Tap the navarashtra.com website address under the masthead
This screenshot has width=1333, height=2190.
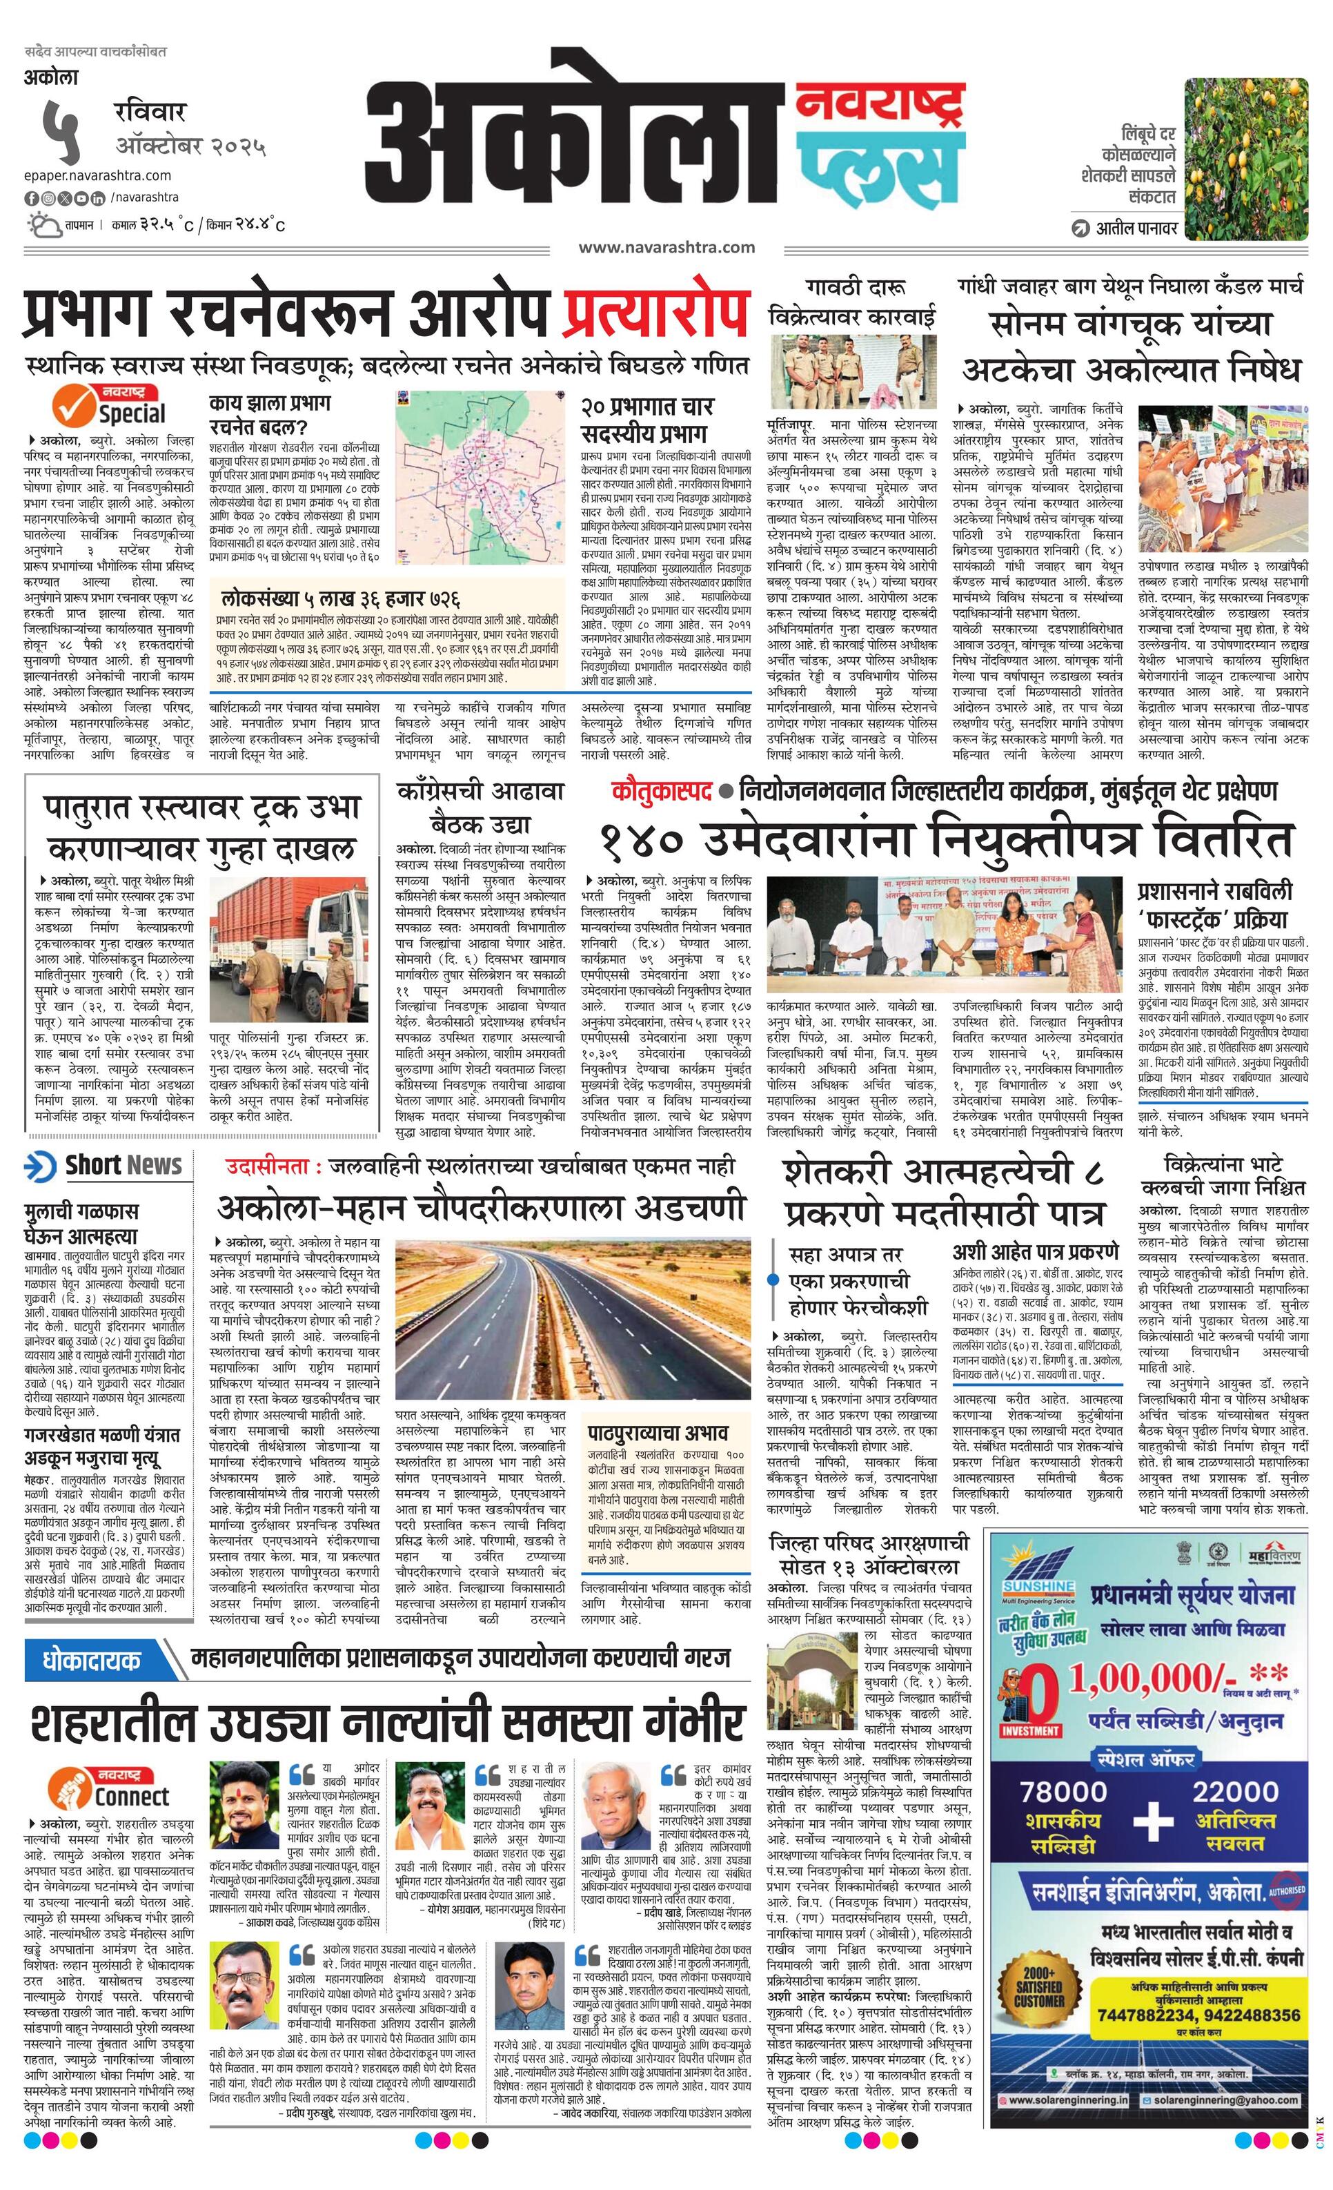coord(666,247)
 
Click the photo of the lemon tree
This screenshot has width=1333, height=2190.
coord(1246,158)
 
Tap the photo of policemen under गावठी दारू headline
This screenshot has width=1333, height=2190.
coord(852,371)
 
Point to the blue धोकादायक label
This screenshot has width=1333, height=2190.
coord(92,1659)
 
